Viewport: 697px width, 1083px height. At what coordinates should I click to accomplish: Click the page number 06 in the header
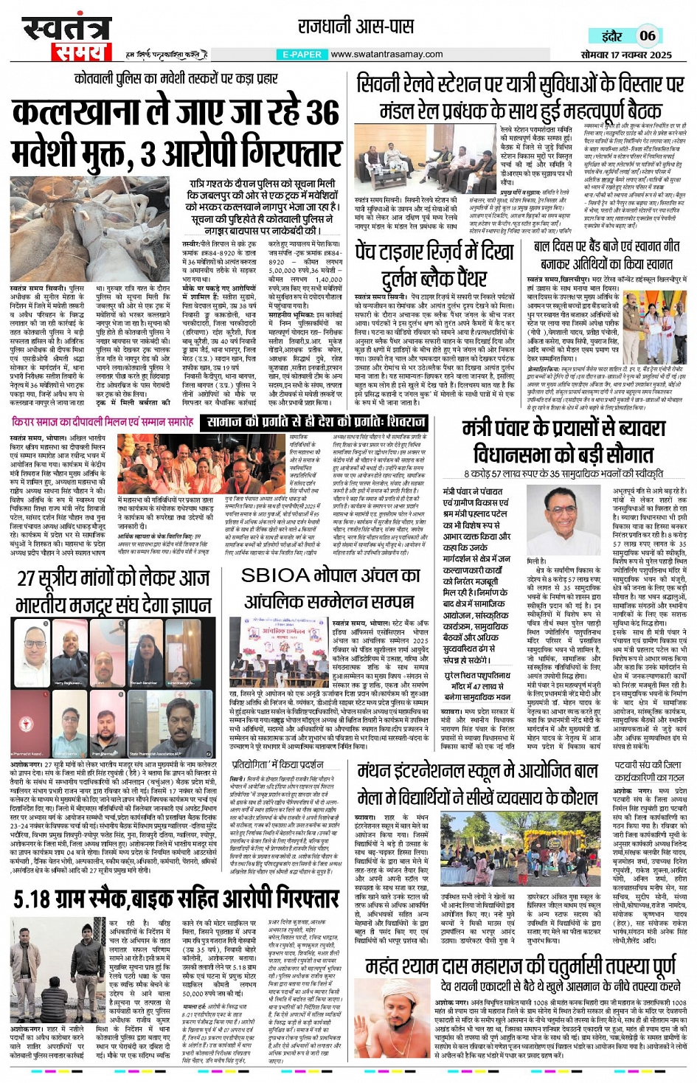pyautogui.click(x=647, y=35)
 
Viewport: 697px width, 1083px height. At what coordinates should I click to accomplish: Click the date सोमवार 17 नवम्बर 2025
pyautogui.click(x=626, y=55)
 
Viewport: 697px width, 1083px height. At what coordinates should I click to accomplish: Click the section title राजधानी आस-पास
pyautogui.click(x=356, y=27)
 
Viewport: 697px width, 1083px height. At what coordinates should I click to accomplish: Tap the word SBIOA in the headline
pyautogui.click(x=274, y=575)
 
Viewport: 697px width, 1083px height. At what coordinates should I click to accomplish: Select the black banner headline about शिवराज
pyautogui.click(x=314, y=422)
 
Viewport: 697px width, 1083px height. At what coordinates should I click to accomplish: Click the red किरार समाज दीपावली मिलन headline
pyautogui.click(x=103, y=422)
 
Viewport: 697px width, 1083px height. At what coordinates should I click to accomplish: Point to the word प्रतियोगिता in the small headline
pyautogui.click(x=255, y=764)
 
